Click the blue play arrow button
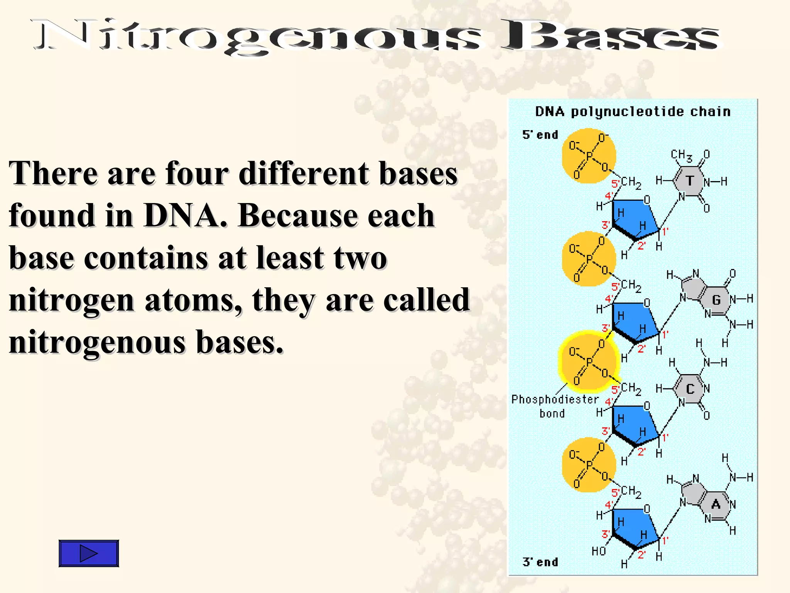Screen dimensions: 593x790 click(x=88, y=553)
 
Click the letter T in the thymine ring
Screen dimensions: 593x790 click(x=689, y=181)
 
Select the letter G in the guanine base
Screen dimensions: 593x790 click(x=716, y=300)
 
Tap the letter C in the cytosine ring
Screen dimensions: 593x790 click(x=690, y=389)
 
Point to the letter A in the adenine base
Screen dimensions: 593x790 click(x=716, y=504)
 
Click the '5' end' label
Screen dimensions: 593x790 click(x=540, y=135)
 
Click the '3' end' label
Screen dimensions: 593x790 click(x=540, y=562)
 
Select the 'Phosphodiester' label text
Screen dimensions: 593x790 click(x=555, y=399)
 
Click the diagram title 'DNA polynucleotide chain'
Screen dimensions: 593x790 click(x=633, y=112)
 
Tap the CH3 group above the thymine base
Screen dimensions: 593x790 click(x=681, y=155)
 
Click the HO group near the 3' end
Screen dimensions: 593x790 click(x=599, y=551)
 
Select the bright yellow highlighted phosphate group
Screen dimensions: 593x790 click(x=588, y=362)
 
